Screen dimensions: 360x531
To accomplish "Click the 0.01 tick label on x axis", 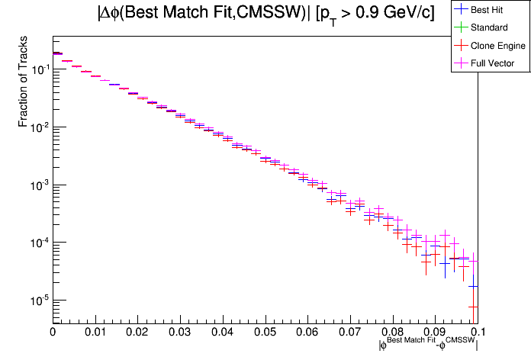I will tap(95, 332).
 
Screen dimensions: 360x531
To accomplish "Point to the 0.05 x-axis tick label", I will tap(265, 332).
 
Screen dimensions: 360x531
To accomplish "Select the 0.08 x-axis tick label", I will tap(392, 332).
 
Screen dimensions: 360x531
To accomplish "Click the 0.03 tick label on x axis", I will tap(180, 332).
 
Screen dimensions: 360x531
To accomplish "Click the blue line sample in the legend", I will tap(461, 10).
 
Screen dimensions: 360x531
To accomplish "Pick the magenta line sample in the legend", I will tap(461, 63).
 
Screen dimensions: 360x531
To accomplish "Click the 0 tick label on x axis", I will tap(53, 332).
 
